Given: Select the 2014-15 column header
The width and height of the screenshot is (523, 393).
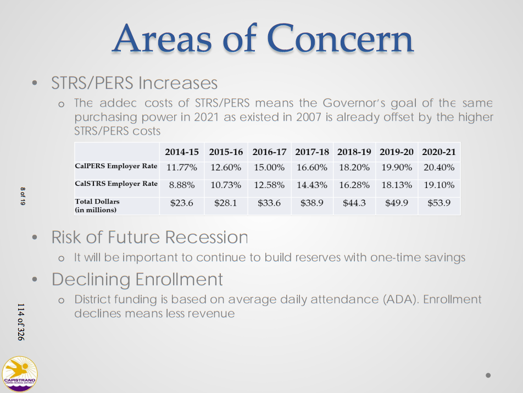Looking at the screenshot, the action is (182, 152).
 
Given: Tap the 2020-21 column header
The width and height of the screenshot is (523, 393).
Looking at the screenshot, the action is (439, 152).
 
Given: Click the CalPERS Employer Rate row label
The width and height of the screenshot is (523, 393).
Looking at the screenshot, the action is (116, 166).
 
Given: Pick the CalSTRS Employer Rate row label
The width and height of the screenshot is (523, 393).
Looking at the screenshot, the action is (116, 184).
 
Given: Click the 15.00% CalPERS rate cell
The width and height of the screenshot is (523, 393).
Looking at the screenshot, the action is (269, 168).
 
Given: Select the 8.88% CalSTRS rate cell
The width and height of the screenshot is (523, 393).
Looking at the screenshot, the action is (182, 185).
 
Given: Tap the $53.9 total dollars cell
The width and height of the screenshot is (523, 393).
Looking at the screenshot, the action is (439, 203).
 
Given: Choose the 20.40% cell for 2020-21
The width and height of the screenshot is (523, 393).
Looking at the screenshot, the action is (439, 168).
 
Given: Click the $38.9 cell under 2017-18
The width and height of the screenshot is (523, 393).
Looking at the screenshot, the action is (312, 203).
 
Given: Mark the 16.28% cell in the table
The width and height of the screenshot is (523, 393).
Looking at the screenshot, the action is (354, 185).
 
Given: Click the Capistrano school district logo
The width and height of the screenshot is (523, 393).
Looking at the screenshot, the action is (20, 374).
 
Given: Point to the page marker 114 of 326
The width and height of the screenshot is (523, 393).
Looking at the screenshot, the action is (21, 322).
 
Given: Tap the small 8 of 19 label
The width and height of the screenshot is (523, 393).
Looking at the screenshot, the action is (23, 196).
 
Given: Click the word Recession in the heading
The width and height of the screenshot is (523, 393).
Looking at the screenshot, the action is (207, 237).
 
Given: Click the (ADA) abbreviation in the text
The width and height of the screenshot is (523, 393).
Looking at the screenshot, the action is (400, 299).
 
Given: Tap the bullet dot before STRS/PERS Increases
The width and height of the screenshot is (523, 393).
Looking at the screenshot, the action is (35, 82).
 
